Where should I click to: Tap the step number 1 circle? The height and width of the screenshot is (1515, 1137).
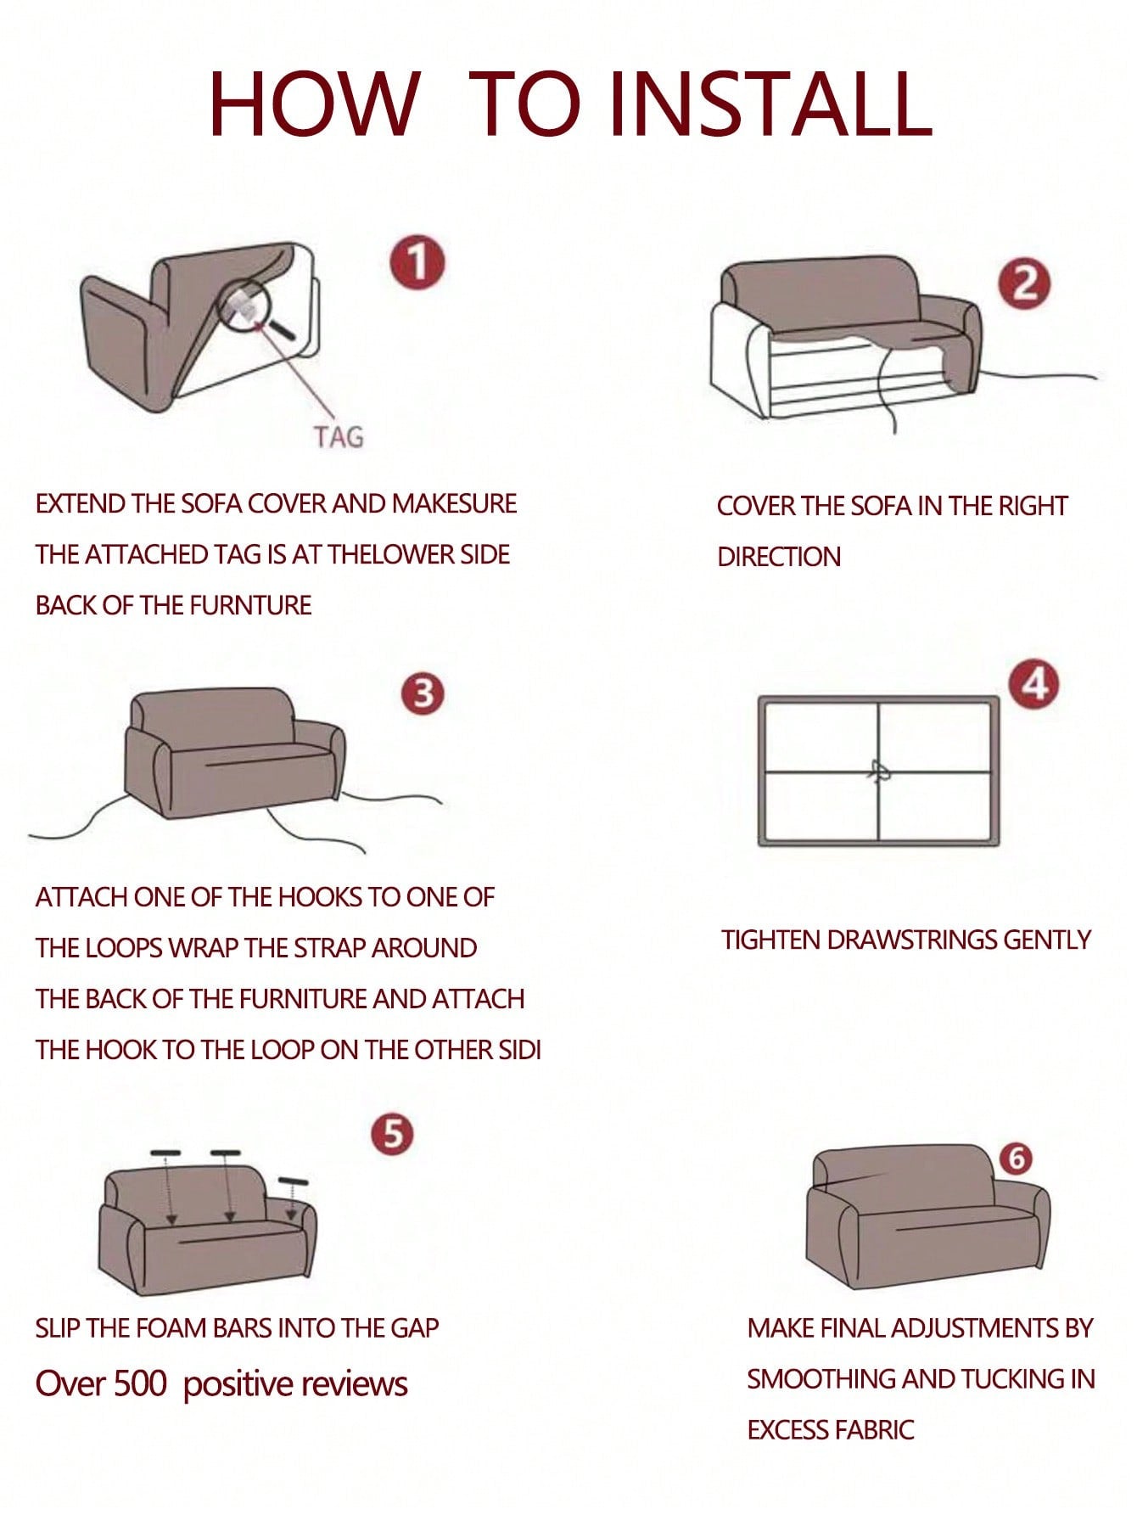coord(417,263)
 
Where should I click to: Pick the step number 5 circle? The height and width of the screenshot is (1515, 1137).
coord(392,1135)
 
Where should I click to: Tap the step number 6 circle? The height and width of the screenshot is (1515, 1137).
coord(1016,1158)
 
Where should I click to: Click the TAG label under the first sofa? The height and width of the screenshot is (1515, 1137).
coord(338,437)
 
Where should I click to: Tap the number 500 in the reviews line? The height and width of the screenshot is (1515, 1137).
coord(140,1383)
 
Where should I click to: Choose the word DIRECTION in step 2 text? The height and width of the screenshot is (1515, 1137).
coord(779,557)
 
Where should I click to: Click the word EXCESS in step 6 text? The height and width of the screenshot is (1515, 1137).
coord(788,1430)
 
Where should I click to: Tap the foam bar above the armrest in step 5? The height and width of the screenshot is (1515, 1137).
coord(293,1181)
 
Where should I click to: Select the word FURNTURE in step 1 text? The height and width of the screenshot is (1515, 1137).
coord(250,605)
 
